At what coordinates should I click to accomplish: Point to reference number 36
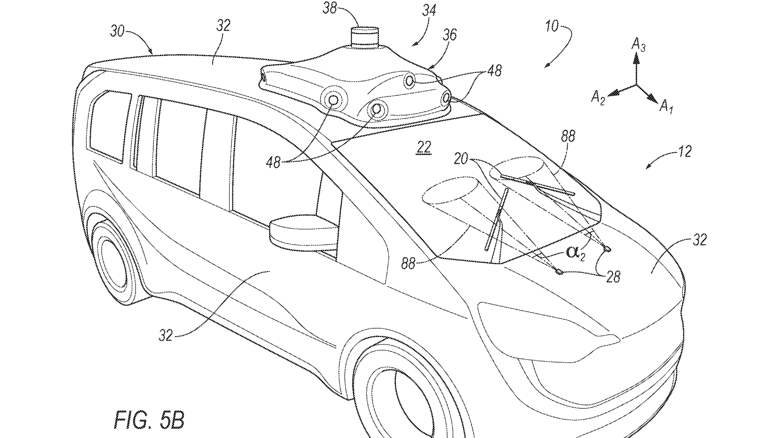point(449,35)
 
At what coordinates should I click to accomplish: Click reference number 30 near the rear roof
point(118,30)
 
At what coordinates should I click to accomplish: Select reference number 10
point(551,26)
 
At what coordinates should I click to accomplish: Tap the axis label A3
point(638,44)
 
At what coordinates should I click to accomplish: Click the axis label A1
point(666,107)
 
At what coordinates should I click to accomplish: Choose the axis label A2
point(598,98)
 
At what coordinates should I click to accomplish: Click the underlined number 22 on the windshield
point(424,147)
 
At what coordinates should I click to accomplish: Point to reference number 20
point(461,158)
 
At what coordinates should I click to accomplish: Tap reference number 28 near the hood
point(613,277)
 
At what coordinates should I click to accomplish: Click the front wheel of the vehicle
point(396,396)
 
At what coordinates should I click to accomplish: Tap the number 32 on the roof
point(223,26)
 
